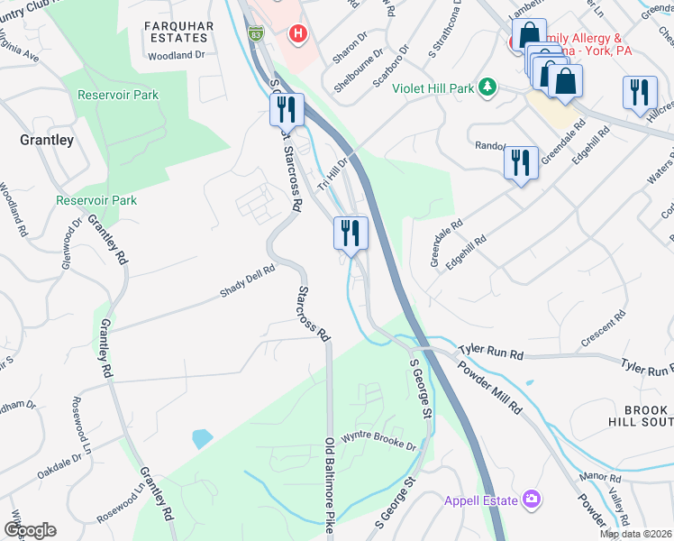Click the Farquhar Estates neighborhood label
pos(178,32)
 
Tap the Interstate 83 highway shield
pos(258,35)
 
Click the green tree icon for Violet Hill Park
pos(487,86)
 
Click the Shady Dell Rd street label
pos(248,282)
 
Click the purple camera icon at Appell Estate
pos(532,500)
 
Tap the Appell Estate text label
pos(480,500)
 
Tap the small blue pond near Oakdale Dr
pos(203,439)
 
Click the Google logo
pos(30,530)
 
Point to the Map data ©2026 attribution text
pos(635,534)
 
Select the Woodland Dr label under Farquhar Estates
pos(178,55)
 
